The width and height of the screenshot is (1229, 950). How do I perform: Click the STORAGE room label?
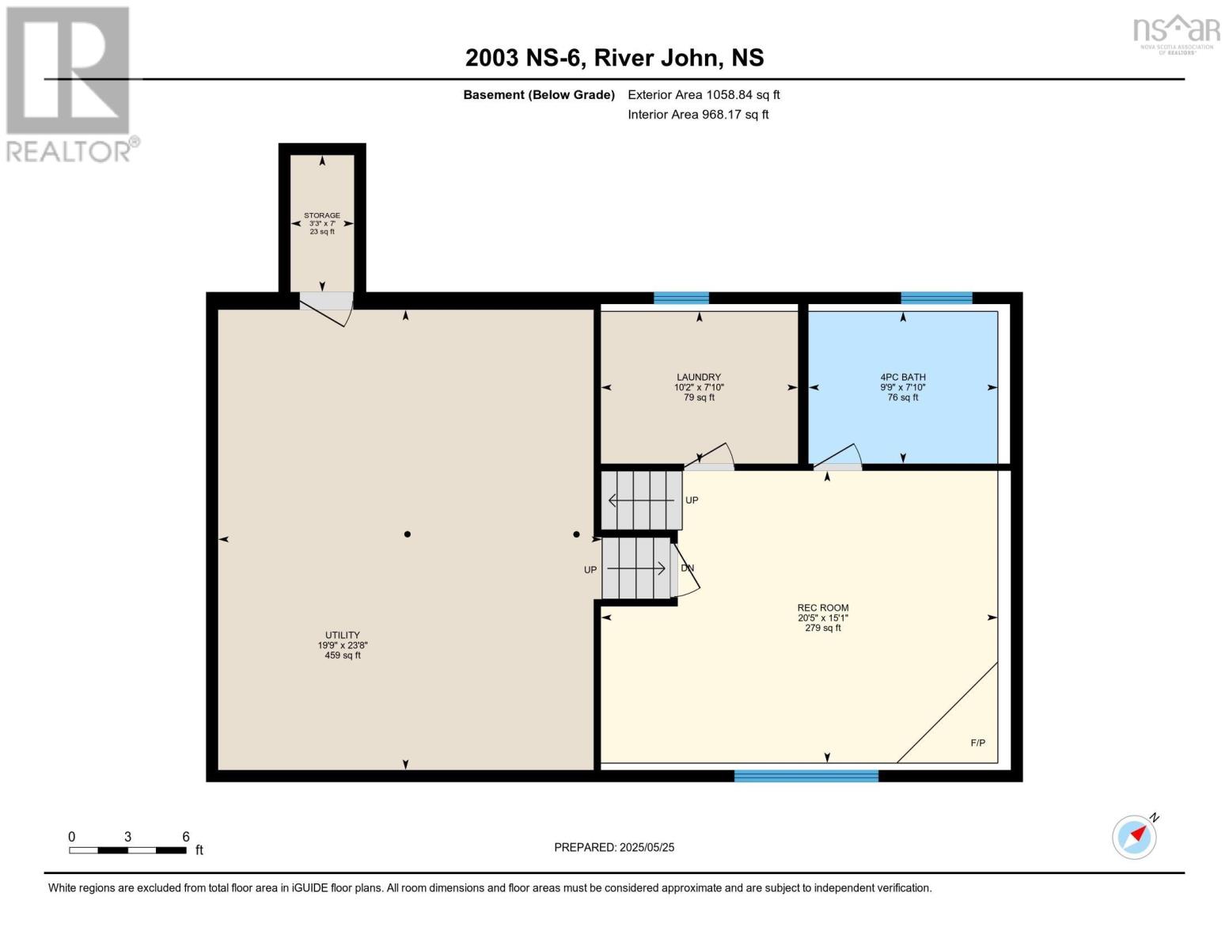click(322, 215)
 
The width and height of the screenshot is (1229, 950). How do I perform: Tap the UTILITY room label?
click(342, 635)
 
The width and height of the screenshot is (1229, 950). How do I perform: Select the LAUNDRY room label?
click(699, 377)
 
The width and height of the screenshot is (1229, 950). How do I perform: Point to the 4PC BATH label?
click(903, 377)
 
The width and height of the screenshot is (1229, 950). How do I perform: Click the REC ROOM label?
click(823, 608)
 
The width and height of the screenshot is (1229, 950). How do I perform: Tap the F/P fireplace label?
click(978, 743)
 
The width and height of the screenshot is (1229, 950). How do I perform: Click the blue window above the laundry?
click(681, 298)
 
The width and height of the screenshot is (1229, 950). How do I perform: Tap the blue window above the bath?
click(937, 298)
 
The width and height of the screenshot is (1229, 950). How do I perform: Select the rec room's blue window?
click(806, 776)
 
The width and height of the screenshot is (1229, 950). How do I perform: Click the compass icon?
click(1135, 838)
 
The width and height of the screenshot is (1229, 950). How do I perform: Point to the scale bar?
click(128, 849)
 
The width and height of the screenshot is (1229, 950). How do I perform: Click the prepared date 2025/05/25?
click(647, 847)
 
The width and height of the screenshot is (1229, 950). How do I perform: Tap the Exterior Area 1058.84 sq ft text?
click(704, 94)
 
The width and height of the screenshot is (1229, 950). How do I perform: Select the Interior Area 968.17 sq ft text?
click(698, 114)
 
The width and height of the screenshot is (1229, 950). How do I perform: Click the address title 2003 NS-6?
click(524, 58)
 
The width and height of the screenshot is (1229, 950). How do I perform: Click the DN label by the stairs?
click(687, 568)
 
